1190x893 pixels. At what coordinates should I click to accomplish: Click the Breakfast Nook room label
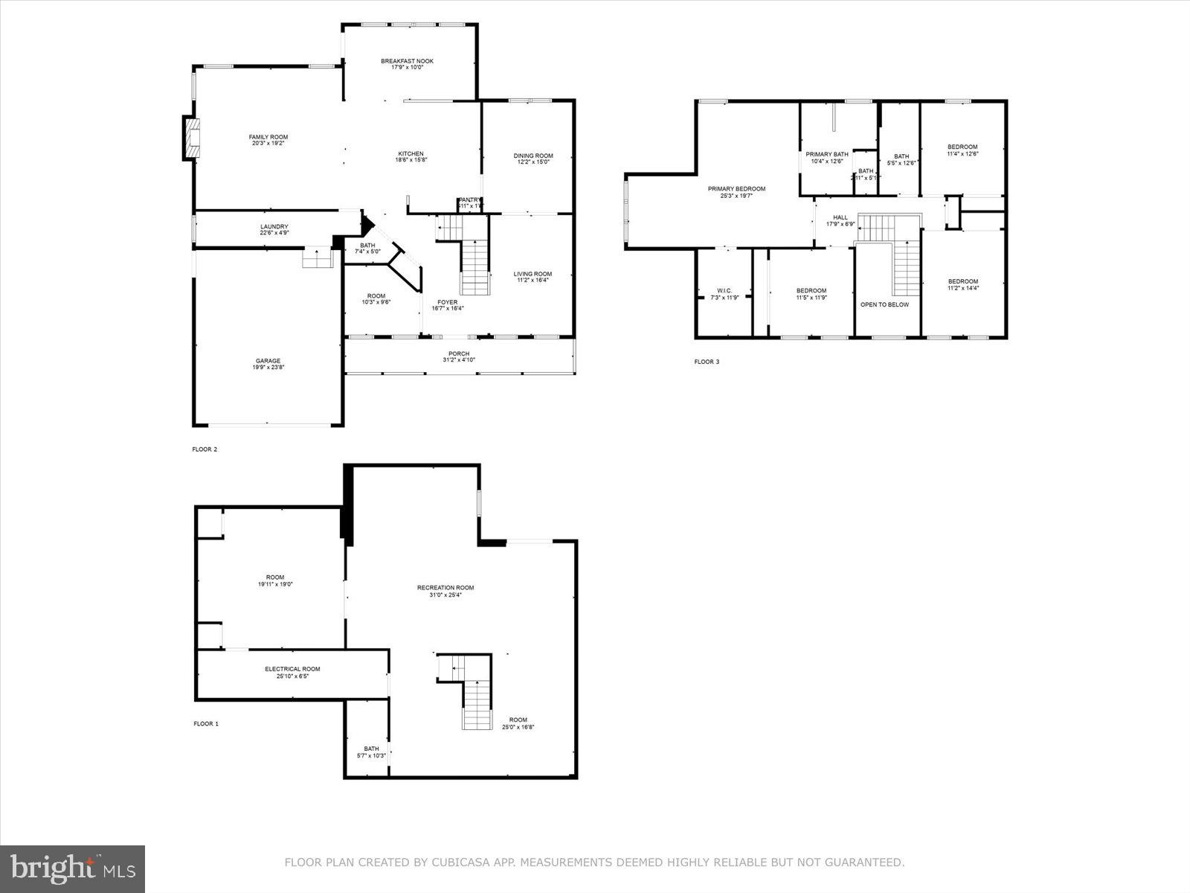pyautogui.click(x=407, y=62)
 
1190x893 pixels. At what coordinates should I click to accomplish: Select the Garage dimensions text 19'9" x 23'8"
pyautogui.click(x=268, y=367)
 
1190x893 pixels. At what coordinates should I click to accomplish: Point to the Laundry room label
pyautogui.click(x=274, y=227)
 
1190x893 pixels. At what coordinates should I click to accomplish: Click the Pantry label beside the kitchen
pyautogui.click(x=470, y=200)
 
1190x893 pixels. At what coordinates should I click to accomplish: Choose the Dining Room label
pyautogui.click(x=533, y=156)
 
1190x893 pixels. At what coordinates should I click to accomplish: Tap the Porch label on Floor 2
pyautogui.click(x=459, y=353)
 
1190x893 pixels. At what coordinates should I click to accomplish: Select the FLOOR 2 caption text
pyautogui.click(x=205, y=449)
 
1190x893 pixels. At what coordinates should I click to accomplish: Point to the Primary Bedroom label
pyautogui.click(x=736, y=189)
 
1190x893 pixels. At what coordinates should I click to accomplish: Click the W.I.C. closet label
pyautogui.click(x=724, y=291)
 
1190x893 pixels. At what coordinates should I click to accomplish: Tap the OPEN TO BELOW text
pyautogui.click(x=884, y=304)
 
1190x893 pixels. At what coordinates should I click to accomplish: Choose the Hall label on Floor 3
pyautogui.click(x=840, y=218)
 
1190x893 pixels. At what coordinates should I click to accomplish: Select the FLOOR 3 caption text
pyautogui.click(x=707, y=362)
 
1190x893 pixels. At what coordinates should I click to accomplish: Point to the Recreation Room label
pyautogui.click(x=445, y=588)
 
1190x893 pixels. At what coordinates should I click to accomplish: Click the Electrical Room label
pyautogui.click(x=292, y=669)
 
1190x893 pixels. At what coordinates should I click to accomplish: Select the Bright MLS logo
pyautogui.click(x=73, y=868)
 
